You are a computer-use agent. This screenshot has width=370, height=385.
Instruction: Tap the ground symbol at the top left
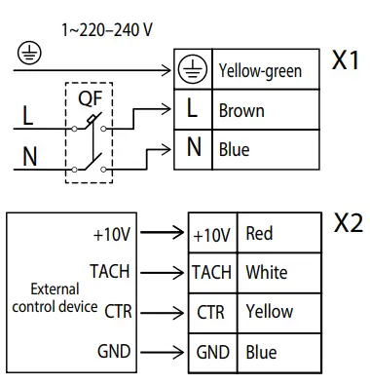[x=23, y=54]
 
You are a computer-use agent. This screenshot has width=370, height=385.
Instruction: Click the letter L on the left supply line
[x=26, y=117]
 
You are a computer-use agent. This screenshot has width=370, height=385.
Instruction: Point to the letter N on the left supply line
[x=28, y=156]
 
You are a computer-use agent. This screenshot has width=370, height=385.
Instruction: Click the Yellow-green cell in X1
[x=260, y=70]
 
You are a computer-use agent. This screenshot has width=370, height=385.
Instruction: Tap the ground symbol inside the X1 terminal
[x=193, y=69]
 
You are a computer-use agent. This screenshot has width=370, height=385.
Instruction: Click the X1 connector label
[x=346, y=62]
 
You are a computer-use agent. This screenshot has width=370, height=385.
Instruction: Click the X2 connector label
[x=348, y=223]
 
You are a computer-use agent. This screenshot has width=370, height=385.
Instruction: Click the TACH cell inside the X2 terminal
[x=211, y=272]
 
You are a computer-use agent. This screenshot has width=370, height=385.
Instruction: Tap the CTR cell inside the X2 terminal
[x=211, y=312]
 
